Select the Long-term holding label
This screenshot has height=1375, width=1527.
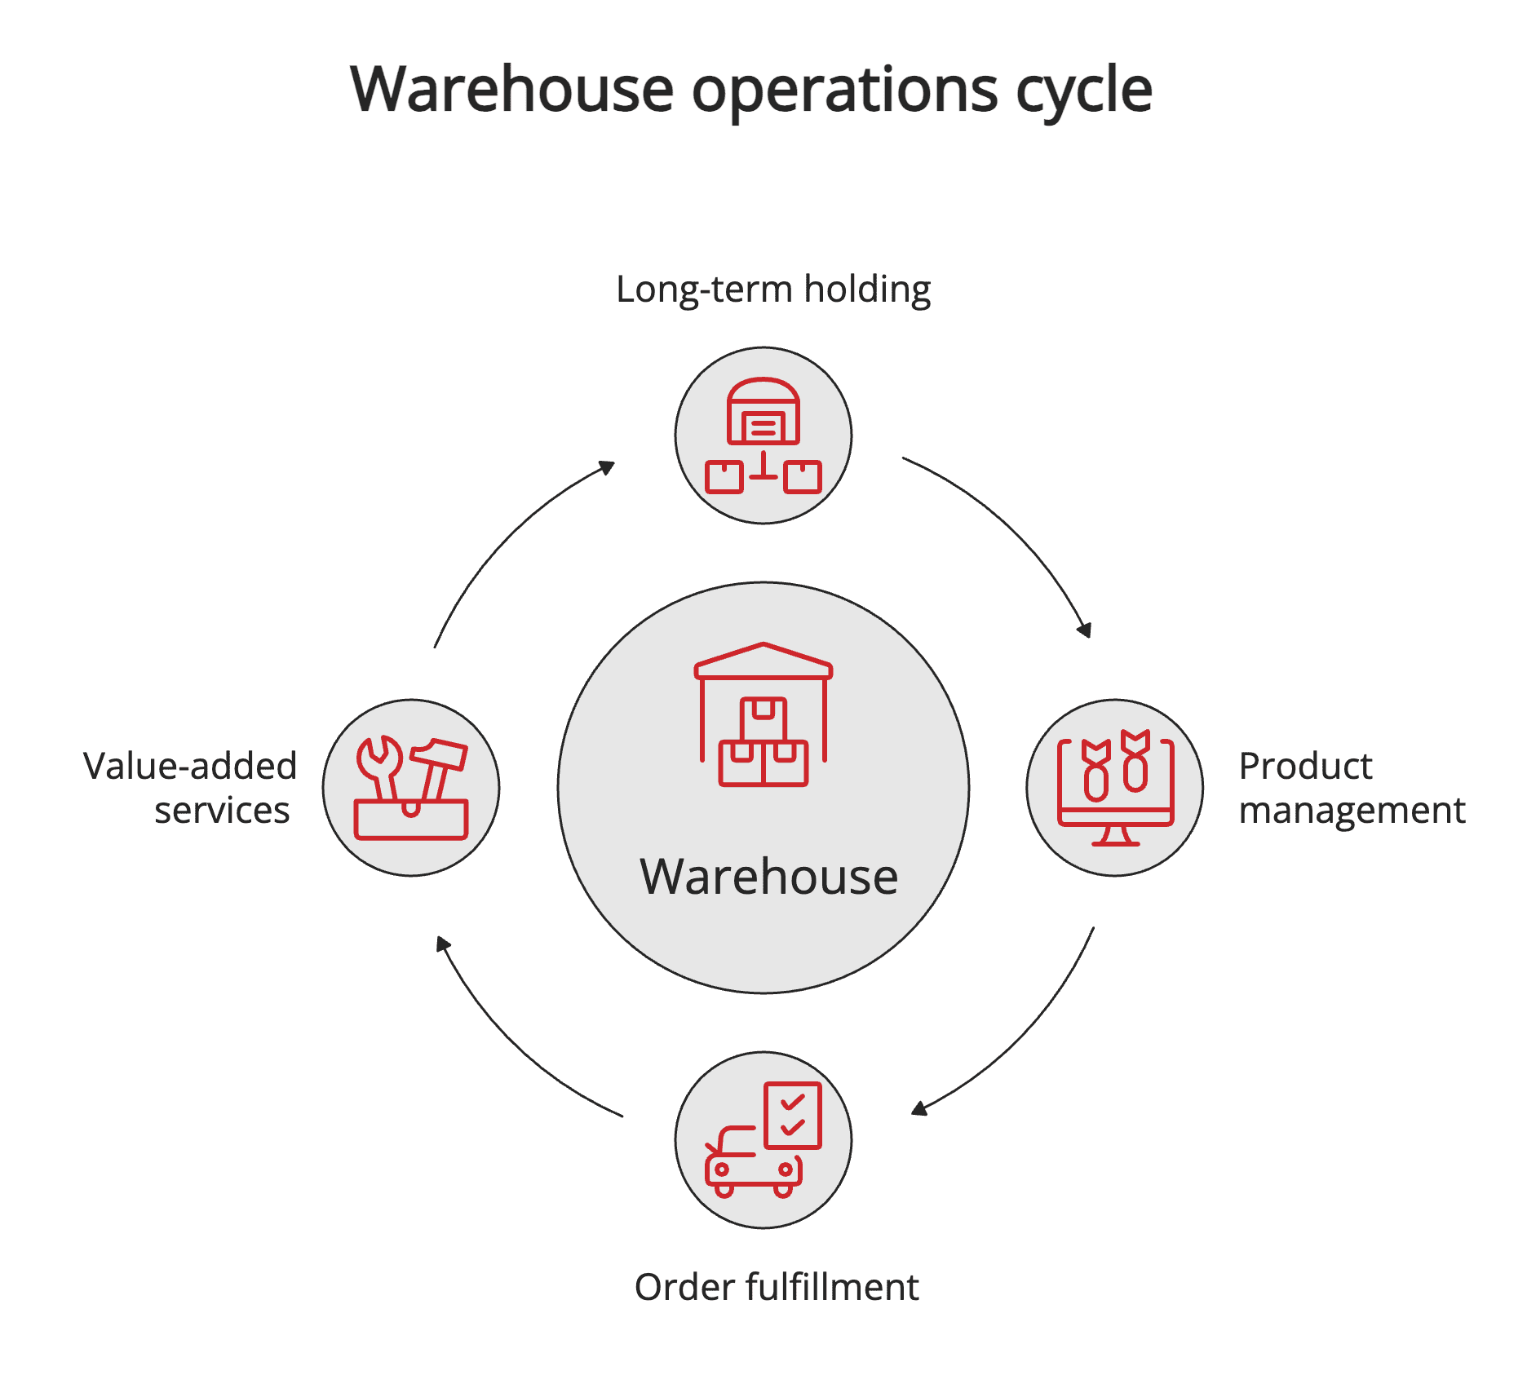pyautogui.click(x=772, y=290)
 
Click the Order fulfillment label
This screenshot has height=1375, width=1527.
pyautogui.click(x=776, y=1287)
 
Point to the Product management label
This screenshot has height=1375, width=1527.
pyautogui.click(x=1351, y=788)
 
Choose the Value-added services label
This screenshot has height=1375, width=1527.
pyautogui.click(x=191, y=788)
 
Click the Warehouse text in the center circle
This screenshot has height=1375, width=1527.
pyautogui.click(x=768, y=877)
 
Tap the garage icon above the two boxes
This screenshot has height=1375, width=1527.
pyautogui.click(x=763, y=412)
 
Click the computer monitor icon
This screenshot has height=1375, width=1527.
pyautogui.click(x=1115, y=787)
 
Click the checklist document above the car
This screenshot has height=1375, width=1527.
pyautogui.click(x=793, y=1115)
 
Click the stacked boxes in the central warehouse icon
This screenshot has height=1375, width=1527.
pyautogui.click(x=763, y=746)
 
